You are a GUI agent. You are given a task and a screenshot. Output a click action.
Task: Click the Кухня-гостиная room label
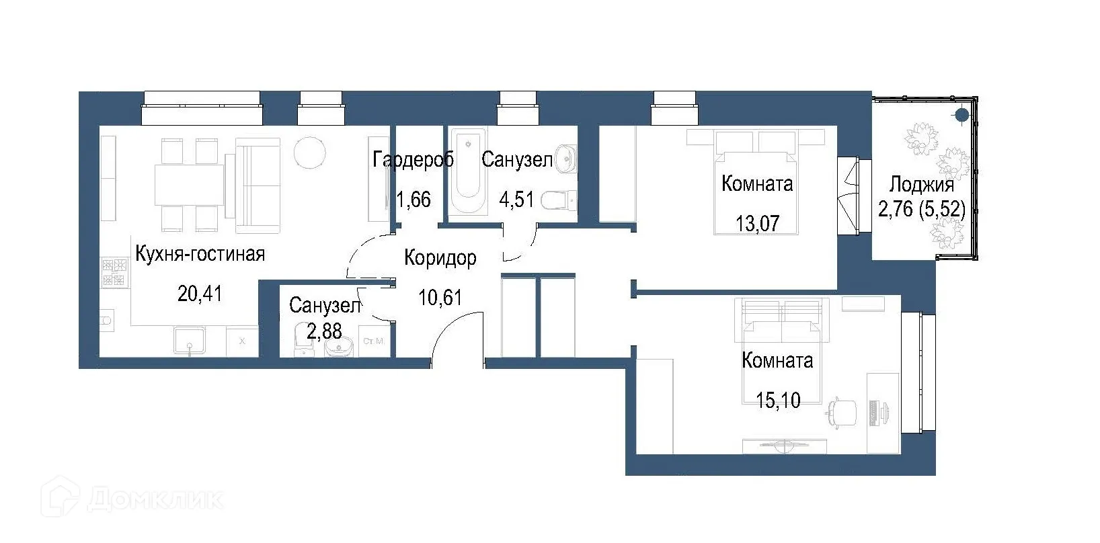tap(200, 254)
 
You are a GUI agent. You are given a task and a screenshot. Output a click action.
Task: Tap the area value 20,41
tap(200, 294)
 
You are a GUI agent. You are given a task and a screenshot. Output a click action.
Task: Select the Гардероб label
tap(413, 160)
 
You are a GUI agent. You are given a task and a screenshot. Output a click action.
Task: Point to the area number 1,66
tap(413, 200)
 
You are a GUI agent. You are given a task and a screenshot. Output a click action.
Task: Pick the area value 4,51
tap(516, 200)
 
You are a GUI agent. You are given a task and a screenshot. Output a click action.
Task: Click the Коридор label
tap(440, 258)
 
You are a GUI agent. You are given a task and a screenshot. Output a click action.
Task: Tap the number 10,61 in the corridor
tap(440, 296)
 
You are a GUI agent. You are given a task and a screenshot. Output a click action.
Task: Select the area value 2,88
tap(324, 331)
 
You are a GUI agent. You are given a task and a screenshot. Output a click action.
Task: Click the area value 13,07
tap(757, 223)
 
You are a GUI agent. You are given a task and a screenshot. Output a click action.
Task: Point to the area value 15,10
tap(778, 401)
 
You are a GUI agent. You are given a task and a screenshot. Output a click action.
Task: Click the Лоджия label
tap(921, 185)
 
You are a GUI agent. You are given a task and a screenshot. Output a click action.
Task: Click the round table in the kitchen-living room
tap(310, 154)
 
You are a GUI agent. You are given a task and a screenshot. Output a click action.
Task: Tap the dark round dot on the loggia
tap(962, 116)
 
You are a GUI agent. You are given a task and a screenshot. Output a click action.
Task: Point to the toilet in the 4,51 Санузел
tap(558, 200)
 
